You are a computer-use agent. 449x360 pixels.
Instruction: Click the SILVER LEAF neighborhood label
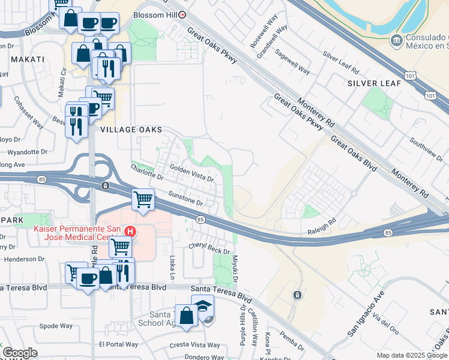tap(370, 83)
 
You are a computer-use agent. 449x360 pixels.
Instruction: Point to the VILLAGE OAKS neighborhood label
tap(131, 129)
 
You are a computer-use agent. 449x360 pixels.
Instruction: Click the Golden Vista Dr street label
tap(191, 173)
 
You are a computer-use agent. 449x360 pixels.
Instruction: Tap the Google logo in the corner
tap(20, 352)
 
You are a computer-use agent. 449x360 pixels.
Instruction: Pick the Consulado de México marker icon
tap(397, 41)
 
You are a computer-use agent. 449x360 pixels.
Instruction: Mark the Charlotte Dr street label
tap(147, 172)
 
